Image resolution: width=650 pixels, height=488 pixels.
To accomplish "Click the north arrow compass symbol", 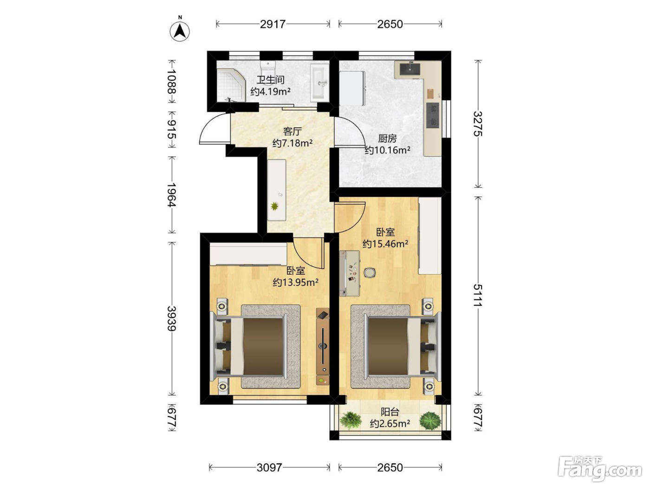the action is [180, 31].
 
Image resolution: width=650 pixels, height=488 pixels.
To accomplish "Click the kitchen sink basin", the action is [409, 69].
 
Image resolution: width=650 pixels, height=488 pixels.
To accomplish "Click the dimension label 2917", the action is [273, 24].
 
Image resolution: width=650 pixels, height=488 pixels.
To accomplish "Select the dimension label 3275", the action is [478, 124].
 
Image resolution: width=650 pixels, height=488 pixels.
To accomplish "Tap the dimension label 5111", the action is [478, 296].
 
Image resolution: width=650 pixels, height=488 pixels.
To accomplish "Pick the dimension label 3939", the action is [172, 318].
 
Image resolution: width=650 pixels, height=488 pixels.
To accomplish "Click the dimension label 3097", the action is [269, 467].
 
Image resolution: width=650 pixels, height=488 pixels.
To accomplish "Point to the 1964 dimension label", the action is [172, 195].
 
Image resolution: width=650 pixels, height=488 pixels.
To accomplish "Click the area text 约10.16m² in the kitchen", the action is [387, 150].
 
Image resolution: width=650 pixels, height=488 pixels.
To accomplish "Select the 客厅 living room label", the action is [292, 131].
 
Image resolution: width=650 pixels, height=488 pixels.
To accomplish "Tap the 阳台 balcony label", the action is [390, 412].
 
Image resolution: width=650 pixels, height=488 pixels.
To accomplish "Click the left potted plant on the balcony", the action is [351, 420].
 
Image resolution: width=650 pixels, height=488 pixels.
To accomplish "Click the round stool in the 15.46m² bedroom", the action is [369, 272].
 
